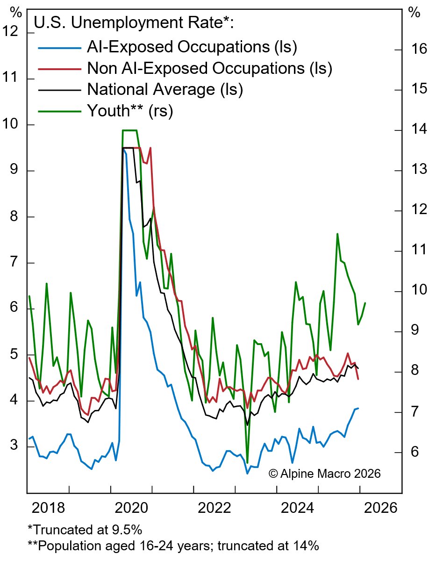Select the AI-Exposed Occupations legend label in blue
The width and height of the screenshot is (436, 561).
[x=192, y=47]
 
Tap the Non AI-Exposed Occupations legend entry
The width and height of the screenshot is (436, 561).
[x=209, y=68]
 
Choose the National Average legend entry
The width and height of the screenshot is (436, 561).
[x=165, y=89]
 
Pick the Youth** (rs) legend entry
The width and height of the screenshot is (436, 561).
[x=130, y=111]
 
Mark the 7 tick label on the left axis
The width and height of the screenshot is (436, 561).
[x=15, y=262]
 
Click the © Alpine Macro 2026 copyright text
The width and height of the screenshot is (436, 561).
[x=325, y=474]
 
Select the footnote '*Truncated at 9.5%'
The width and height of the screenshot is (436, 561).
[x=85, y=530]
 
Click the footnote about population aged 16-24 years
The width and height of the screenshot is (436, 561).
[x=173, y=546]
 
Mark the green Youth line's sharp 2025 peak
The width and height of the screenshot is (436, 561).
[x=337, y=233]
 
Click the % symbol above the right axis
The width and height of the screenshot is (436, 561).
[x=415, y=13]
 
